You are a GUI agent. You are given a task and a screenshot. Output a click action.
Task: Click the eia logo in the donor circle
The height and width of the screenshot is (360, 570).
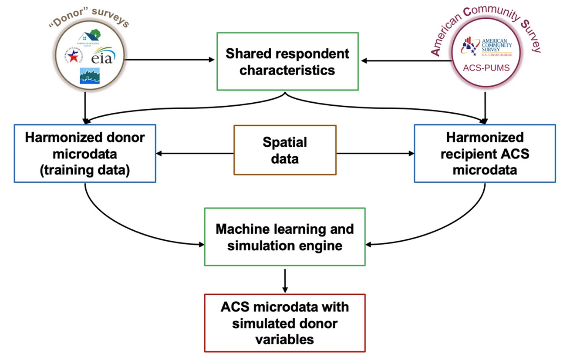tap(103, 57)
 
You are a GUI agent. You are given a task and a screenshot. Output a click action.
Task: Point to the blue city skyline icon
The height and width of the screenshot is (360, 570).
tap(89, 76)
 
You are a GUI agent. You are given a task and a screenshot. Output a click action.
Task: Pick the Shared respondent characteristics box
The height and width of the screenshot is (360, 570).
tap(287, 61)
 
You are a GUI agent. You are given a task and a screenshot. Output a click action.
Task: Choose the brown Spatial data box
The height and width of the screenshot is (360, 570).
tap(285, 150)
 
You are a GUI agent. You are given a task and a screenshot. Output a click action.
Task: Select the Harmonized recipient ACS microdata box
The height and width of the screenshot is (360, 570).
tap(484, 154)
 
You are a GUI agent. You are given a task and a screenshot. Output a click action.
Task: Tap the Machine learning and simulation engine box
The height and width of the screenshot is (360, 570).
tap(285, 237)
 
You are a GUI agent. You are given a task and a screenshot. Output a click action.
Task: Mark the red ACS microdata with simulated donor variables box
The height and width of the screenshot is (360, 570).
tap(285, 323)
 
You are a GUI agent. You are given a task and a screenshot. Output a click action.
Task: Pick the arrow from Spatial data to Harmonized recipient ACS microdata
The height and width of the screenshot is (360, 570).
tap(375, 153)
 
